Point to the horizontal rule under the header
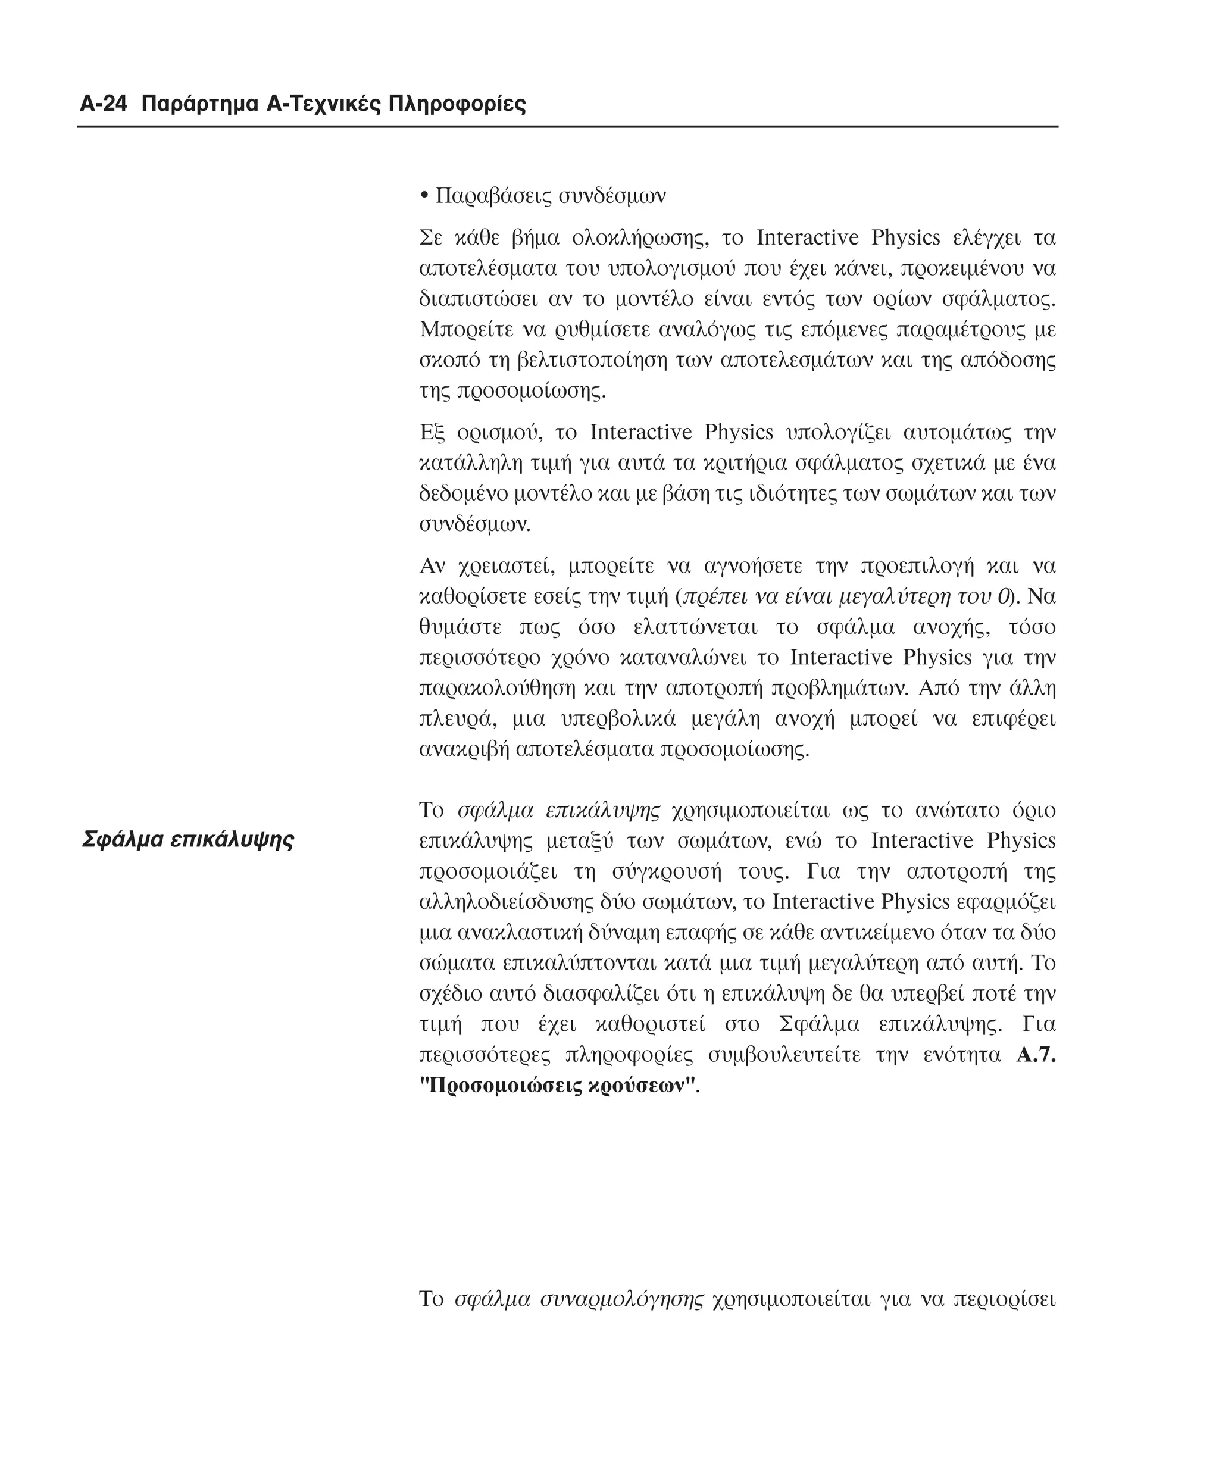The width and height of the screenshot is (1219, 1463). (568, 127)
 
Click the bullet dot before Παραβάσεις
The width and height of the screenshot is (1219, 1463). (424, 196)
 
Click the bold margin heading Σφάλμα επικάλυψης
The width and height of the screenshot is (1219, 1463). (188, 839)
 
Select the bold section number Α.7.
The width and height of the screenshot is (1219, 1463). (1036, 1055)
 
